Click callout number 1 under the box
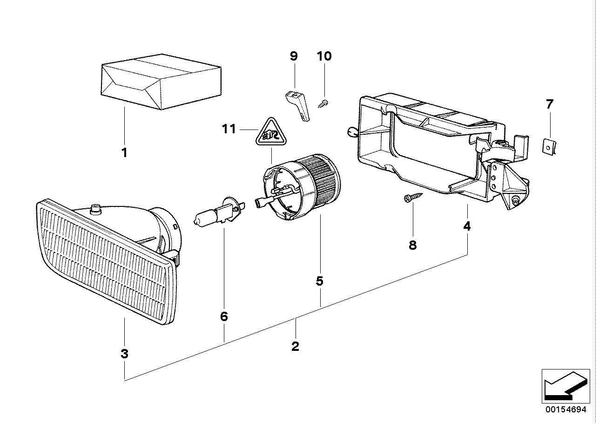pyautogui.click(x=124, y=152)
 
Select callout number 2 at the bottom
pyautogui.click(x=295, y=346)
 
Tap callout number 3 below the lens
pyautogui.click(x=124, y=354)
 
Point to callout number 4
pyautogui.click(x=467, y=226)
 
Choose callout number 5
pyautogui.click(x=319, y=281)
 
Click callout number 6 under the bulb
pyautogui.click(x=224, y=317)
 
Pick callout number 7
pyautogui.click(x=550, y=104)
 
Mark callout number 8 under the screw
pyautogui.click(x=413, y=245)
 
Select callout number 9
pyautogui.click(x=293, y=56)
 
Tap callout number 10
pyautogui.click(x=324, y=56)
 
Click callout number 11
pyautogui.click(x=229, y=129)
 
